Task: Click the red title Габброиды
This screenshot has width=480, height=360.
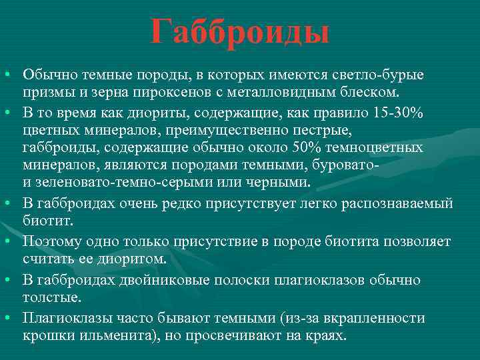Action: tap(240, 32)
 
